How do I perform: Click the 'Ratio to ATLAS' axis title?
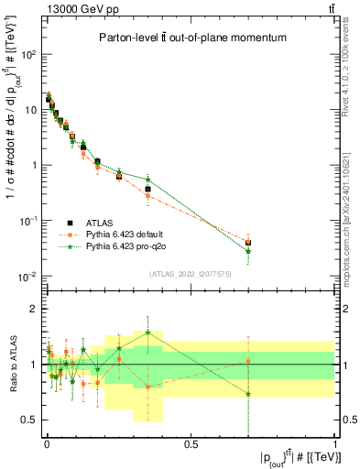coord(10,366)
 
